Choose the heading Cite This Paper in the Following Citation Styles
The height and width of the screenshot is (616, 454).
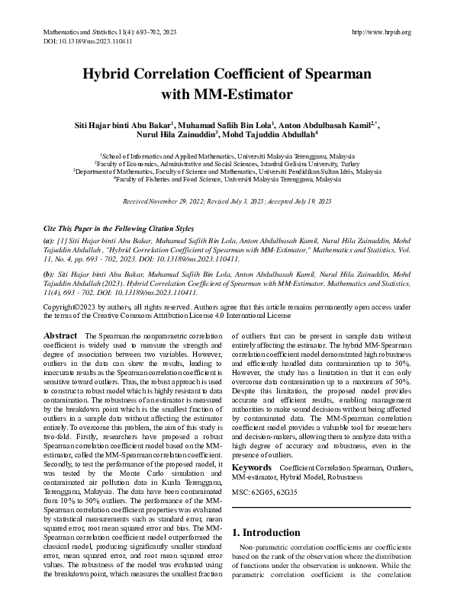(x=118, y=229)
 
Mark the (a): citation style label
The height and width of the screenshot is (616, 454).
(x=49, y=239)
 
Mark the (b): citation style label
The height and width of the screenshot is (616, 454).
(x=49, y=273)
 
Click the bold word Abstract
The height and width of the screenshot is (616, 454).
(x=60, y=336)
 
